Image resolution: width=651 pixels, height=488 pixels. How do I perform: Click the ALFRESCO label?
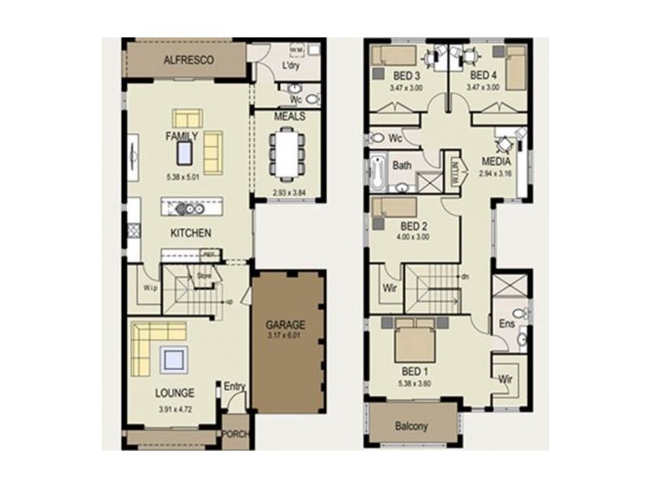(x=188, y=60)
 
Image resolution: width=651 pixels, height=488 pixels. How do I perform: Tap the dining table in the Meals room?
(x=289, y=155)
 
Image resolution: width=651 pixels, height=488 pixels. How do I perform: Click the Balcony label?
(x=412, y=426)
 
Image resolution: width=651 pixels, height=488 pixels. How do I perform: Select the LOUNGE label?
(x=175, y=393)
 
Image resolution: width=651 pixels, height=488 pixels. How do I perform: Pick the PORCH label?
(x=237, y=434)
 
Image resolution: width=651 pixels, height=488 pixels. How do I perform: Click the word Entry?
(x=234, y=386)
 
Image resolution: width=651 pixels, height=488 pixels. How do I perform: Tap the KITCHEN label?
(x=191, y=233)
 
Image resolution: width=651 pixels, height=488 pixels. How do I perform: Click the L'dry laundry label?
(x=291, y=66)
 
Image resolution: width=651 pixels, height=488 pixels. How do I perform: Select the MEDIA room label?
(x=496, y=162)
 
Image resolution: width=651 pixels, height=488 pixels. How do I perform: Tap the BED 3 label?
(x=408, y=76)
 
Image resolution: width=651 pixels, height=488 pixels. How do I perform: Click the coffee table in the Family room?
(x=186, y=152)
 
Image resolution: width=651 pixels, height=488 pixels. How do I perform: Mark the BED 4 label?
(x=483, y=76)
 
